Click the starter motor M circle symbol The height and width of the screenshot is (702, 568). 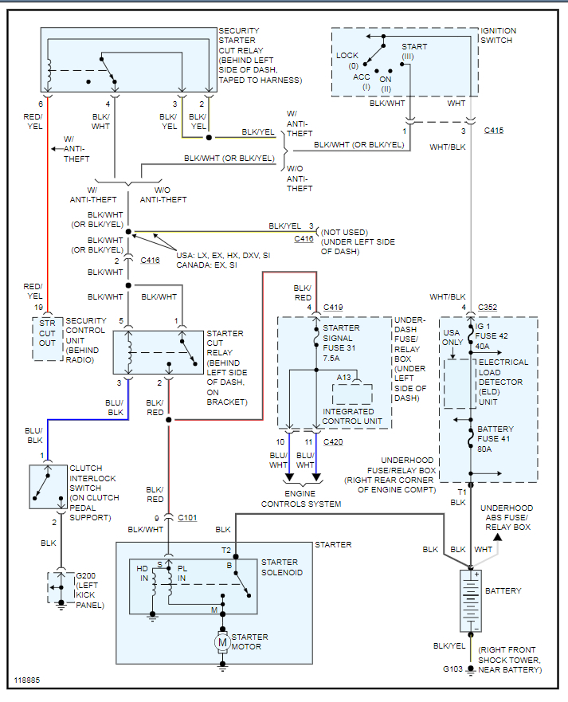223,641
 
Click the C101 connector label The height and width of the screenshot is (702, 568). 187,518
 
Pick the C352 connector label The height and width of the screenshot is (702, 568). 488,308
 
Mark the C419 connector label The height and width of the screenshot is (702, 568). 333,308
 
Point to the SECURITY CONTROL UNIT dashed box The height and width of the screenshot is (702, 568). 48,338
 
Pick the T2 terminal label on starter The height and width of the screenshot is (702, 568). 226,550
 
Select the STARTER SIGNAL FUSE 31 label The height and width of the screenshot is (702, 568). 341,337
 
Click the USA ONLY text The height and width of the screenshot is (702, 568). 452,338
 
